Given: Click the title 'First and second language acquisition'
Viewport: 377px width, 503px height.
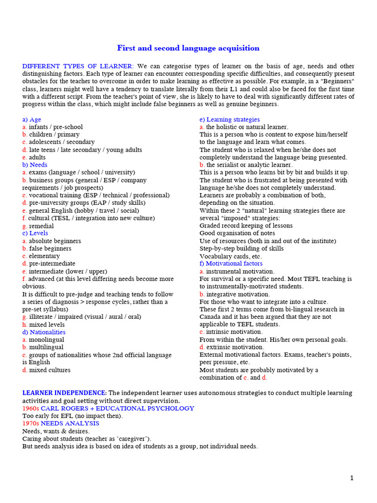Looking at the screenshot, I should point(188,48).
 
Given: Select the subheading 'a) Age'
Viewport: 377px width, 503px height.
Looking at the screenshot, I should point(32,119).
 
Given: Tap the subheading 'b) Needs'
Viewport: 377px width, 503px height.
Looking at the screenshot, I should point(35,165).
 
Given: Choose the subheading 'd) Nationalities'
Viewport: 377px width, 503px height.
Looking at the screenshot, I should point(44,333).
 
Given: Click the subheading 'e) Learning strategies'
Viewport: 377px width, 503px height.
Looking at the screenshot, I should point(230,119).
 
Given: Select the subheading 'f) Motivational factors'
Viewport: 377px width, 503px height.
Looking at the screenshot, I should point(231,264).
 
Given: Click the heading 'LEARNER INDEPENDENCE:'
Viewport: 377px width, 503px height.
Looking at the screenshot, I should point(64,393).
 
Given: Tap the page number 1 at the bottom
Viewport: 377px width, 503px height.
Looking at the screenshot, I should point(351,478).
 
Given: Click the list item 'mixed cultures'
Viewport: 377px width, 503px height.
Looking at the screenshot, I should point(50,370).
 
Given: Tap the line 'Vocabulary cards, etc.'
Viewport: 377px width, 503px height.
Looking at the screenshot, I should point(231,256).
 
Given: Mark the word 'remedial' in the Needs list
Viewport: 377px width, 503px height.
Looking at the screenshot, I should point(41,226).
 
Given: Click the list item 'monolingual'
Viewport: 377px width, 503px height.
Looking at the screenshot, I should point(46,340).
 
